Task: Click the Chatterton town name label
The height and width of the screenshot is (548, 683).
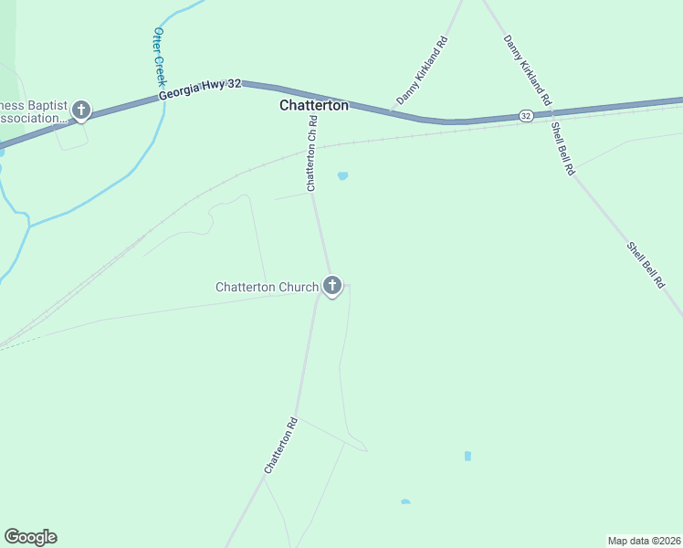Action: (x=313, y=106)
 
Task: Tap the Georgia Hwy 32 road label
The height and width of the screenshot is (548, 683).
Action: (x=200, y=89)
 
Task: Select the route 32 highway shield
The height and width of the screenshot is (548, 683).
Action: (x=525, y=116)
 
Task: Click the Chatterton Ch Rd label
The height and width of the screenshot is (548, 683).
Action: (x=312, y=153)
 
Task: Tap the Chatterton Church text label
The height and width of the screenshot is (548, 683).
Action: (x=267, y=287)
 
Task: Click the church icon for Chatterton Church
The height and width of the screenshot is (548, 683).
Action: (x=332, y=287)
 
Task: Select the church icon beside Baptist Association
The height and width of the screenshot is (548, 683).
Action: (x=80, y=111)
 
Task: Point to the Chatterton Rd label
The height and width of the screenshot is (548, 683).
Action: (x=281, y=445)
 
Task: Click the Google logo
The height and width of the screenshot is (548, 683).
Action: (x=30, y=537)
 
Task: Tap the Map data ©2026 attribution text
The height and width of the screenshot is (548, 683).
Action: (x=644, y=541)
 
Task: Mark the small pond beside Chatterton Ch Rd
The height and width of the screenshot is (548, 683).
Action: (x=342, y=176)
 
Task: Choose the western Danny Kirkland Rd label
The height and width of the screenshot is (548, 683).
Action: (x=421, y=68)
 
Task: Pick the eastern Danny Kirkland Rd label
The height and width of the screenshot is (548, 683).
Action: (x=528, y=68)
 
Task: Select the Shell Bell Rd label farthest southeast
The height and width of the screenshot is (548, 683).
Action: (x=645, y=265)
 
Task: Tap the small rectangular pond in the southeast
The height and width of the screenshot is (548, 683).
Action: (x=468, y=455)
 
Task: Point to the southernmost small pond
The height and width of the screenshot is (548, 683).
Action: (x=405, y=501)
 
